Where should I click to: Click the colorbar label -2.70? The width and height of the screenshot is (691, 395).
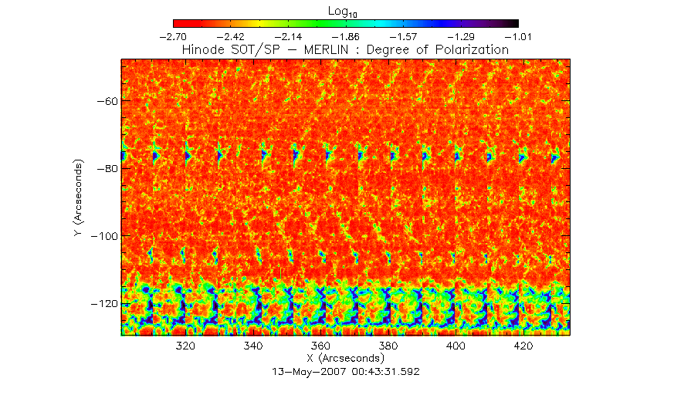[x=173, y=36]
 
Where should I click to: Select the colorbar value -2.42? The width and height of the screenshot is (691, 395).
[x=231, y=36]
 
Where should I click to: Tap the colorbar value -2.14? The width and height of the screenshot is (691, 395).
[x=288, y=36]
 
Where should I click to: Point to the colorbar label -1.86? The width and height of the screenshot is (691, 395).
[x=345, y=36]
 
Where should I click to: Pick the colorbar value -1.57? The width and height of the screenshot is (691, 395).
[x=403, y=36]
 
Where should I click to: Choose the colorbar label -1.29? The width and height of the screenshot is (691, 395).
[x=460, y=36]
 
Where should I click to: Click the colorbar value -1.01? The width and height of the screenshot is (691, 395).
[x=517, y=36]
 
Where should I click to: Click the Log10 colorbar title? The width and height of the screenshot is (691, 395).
[x=345, y=10]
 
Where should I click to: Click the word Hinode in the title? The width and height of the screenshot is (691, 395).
[x=205, y=49]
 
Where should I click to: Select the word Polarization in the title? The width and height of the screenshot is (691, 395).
[x=470, y=49]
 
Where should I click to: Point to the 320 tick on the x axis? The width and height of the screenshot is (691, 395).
[x=185, y=346]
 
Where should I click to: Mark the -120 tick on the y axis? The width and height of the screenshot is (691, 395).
[x=103, y=304]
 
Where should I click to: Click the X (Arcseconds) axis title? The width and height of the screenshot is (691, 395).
[x=345, y=359]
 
